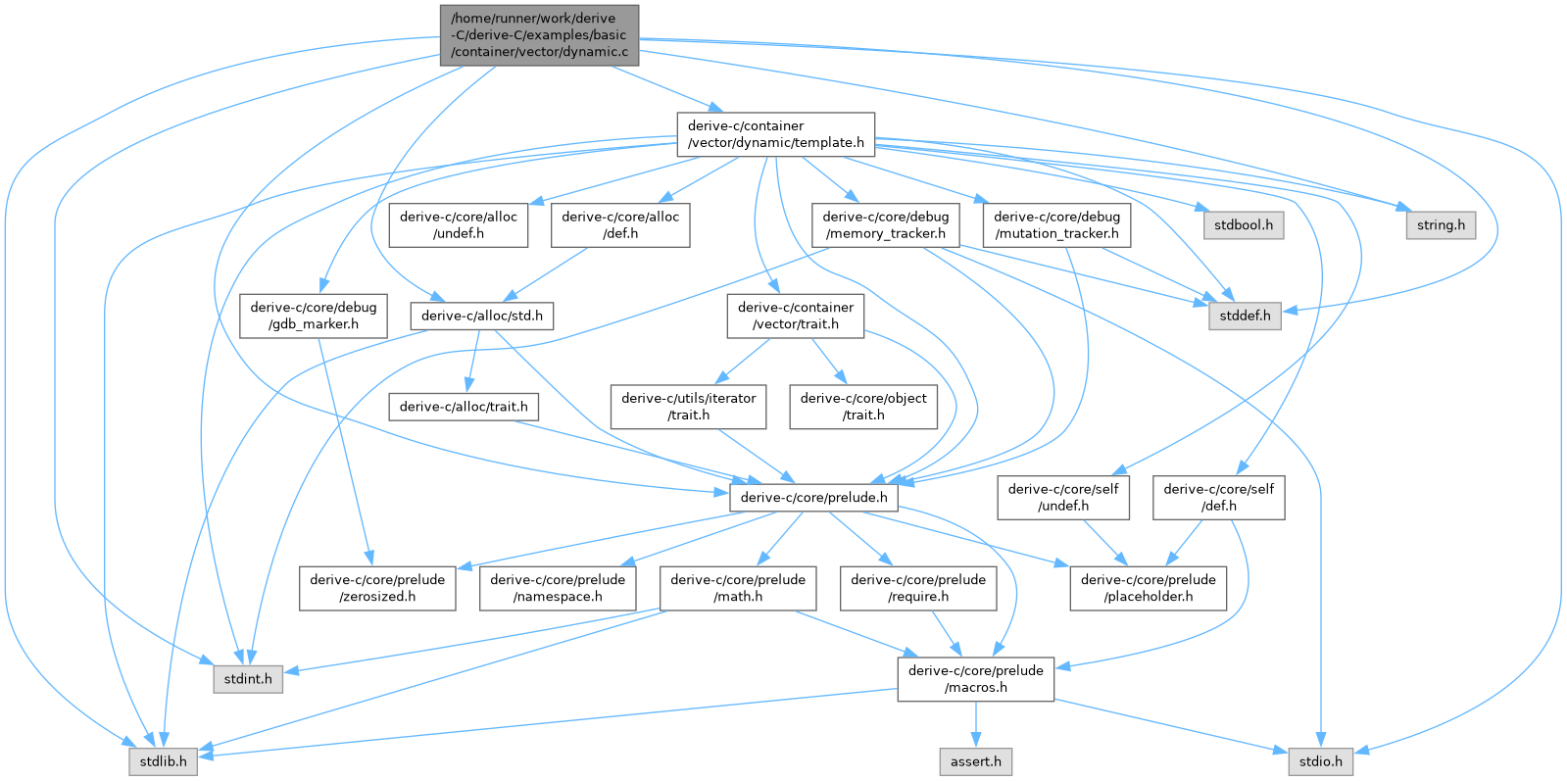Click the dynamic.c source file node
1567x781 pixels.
(539, 35)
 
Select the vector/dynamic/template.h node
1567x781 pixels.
(775, 134)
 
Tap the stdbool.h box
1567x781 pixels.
(1243, 224)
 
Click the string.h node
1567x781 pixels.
(1441, 224)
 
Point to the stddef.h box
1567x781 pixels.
(1245, 316)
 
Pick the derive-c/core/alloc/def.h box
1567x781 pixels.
(619, 224)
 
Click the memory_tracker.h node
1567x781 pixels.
(885, 224)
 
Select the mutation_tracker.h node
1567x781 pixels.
(1056, 224)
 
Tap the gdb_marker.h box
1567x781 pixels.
(313, 316)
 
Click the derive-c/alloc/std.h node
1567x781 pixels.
(481, 316)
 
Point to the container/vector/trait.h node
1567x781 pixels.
(795, 316)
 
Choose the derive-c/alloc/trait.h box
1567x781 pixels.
(464, 406)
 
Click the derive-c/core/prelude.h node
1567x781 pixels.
(813, 497)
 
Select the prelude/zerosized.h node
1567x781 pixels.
(377, 588)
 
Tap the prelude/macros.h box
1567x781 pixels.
(976, 678)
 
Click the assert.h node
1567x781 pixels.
(976, 761)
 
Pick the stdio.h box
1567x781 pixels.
(1320, 761)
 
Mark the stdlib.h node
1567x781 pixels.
(162, 761)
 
